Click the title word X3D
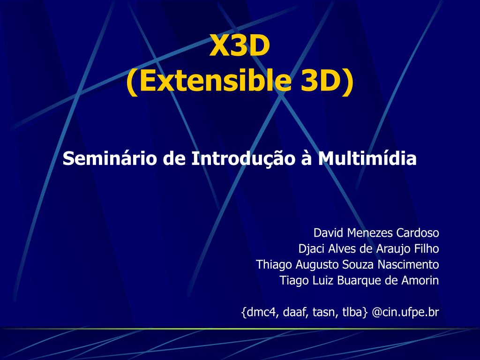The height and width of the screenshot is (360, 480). point(240,46)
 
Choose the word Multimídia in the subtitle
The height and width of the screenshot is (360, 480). point(367,158)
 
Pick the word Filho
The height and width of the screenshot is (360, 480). point(427,249)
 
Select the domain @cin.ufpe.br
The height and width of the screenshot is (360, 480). point(405,312)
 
